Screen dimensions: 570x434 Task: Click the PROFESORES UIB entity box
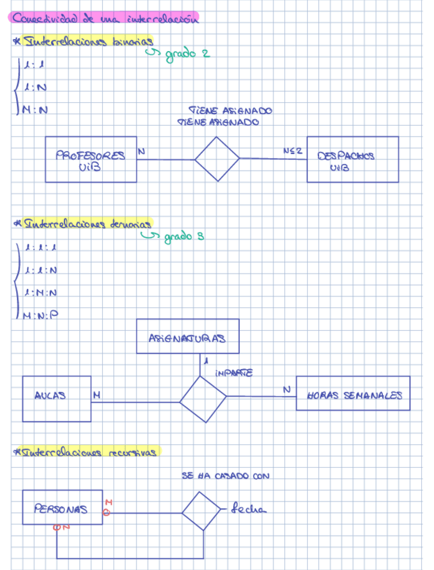91,160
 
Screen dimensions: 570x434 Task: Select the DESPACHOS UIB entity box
352,160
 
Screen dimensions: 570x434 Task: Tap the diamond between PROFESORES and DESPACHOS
217,159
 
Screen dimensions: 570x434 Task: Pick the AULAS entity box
56,398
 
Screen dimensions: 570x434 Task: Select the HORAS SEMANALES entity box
353,394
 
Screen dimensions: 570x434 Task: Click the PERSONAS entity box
62,507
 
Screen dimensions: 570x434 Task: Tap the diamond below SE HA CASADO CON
201,511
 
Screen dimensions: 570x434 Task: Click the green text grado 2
183,54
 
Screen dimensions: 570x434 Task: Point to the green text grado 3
178,237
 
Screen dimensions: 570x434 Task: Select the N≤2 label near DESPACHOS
292,152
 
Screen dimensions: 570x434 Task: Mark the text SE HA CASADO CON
225,476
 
